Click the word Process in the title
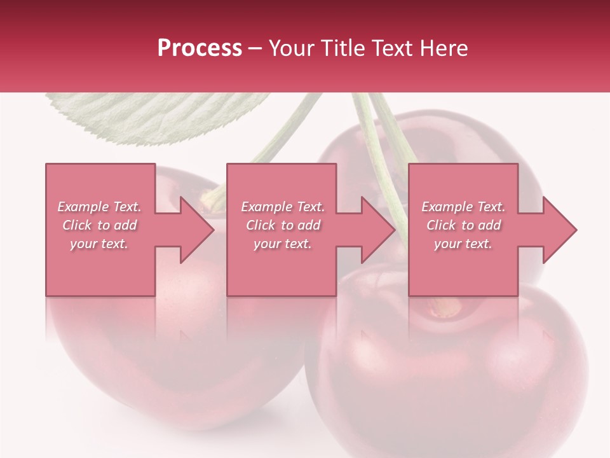pyautogui.click(x=200, y=48)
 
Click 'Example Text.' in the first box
pyautogui.click(x=99, y=207)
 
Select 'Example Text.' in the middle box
pyautogui.click(x=283, y=207)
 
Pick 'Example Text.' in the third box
pyautogui.click(x=463, y=207)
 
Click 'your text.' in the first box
pyautogui.click(x=99, y=243)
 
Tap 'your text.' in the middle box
pyautogui.click(x=283, y=243)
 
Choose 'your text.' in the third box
pyautogui.click(x=463, y=243)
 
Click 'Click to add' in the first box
pyautogui.click(x=99, y=225)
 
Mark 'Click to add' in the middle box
pyautogui.click(x=283, y=225)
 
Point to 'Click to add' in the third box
pyautogui.click(x=463, y=225)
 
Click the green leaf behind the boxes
pyautogui.click(x=159, y=114)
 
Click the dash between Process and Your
pyautogui.click(x=255, y=48)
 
